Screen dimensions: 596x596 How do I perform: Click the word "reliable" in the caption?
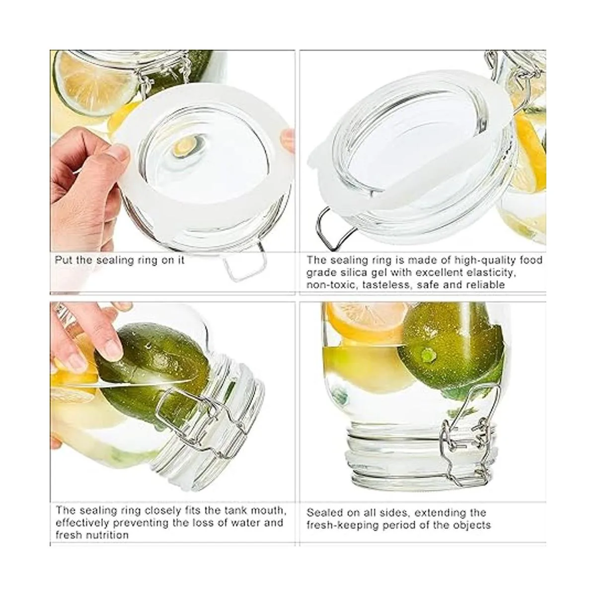click(486, 285)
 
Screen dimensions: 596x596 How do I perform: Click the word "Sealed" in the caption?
click(324, 513)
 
